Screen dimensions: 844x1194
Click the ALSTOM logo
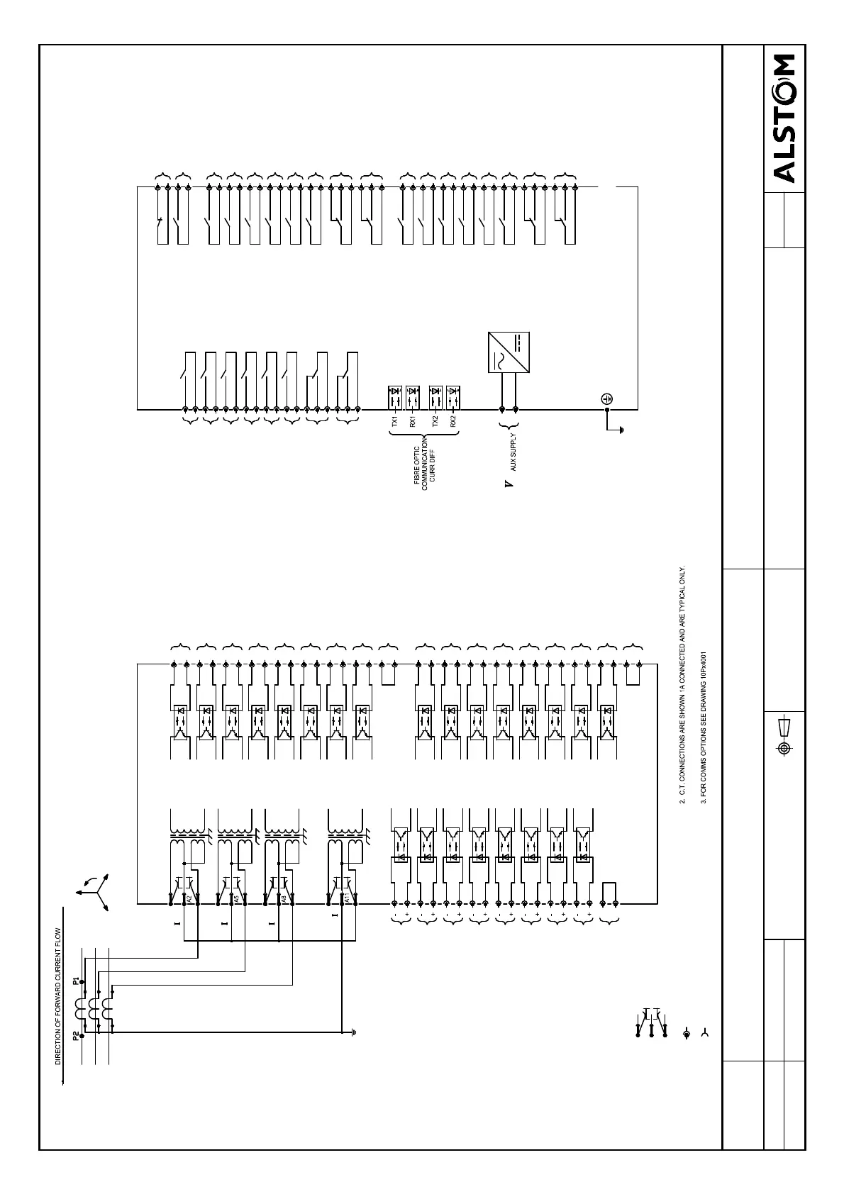coord(784,118)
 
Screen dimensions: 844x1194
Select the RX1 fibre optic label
coord(412,421)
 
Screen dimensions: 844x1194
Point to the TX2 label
coord(435,421)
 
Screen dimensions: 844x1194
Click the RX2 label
coord(453,421)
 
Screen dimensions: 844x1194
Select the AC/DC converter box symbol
coord(509,352)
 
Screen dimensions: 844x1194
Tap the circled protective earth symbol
coord(607,400)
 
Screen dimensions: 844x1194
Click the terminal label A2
coord(189,898)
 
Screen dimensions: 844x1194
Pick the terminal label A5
coord(236,898)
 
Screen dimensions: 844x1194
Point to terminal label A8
coord(283,898)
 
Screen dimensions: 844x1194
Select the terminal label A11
coord(347,898)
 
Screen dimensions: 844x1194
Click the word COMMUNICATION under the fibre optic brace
coord(424,464)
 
